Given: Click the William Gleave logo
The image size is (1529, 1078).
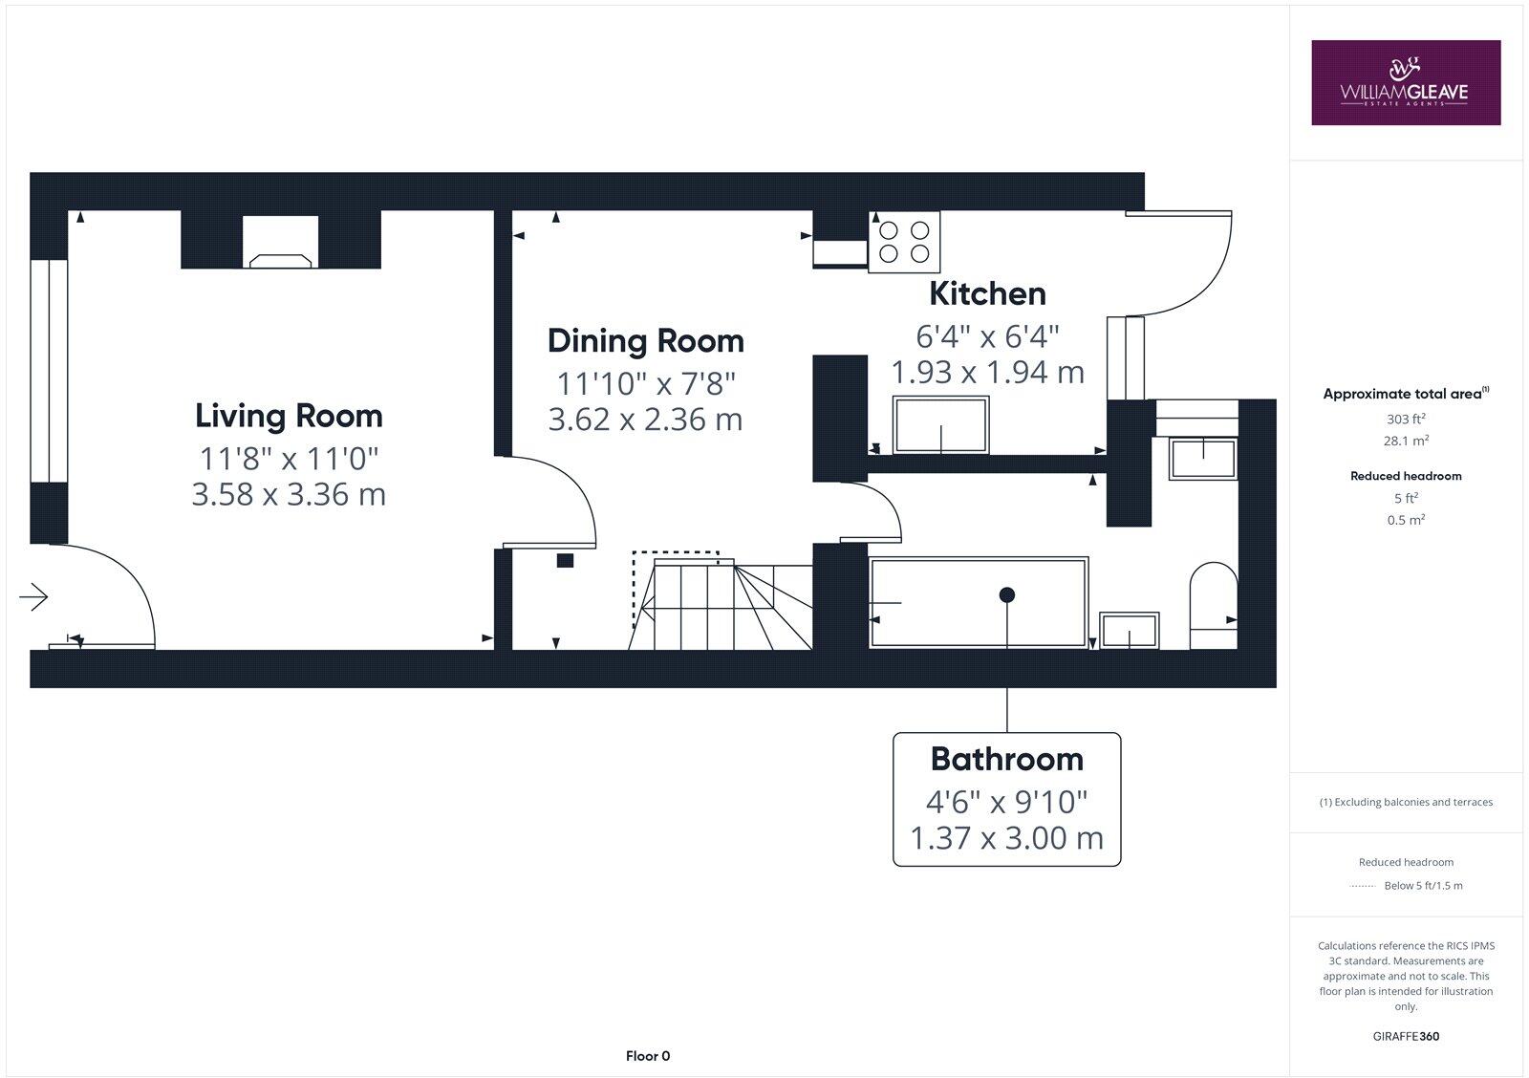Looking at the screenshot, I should (x=1405, y=82).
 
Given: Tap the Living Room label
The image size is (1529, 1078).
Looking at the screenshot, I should (x=289, y=416).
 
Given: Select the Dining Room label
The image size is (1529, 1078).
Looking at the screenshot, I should (x=645, y=341).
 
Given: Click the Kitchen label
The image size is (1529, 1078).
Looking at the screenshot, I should (x=987, y=293).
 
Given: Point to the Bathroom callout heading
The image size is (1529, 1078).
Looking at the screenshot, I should (x=1006, y=759).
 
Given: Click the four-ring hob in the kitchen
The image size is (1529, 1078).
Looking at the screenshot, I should (x=904, y=242).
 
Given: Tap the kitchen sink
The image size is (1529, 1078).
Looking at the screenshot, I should (x=940, y=426).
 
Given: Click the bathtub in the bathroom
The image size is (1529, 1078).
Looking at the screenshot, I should (x=979, y=603).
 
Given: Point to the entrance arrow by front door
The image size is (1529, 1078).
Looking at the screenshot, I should (x=33, y=597).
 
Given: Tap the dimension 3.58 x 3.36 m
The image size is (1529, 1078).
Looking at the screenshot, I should (x=289, y=495).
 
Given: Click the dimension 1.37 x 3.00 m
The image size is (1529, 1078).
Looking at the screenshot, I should (x=1006, y=838).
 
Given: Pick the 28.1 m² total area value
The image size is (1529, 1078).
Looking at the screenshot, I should (x=1406, y=441).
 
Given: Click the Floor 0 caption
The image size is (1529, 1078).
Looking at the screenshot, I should (x=648, y=1056).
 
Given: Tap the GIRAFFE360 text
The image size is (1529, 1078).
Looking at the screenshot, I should (x=1406, y=1036).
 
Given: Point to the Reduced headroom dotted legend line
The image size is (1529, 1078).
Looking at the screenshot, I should (x=1361, y=886).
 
